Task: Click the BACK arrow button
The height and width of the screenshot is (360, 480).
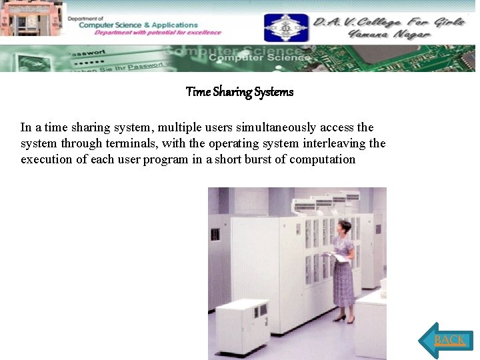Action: click(x=447, y=340)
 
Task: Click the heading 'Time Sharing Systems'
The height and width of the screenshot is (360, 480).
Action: click(x=239, y=92)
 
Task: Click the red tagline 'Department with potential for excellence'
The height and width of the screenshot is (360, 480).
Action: click(x=157, y=33)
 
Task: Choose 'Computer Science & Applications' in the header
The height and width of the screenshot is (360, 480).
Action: click(x=138, y=25)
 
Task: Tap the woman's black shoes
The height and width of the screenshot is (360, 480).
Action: click(x=344, y=319)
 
